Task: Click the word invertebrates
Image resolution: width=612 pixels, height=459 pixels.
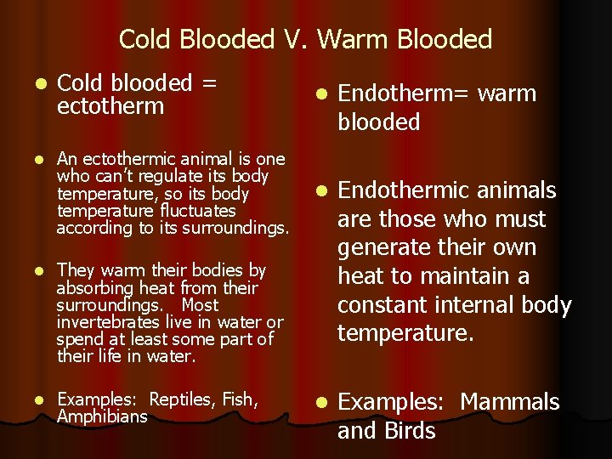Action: [105, 322]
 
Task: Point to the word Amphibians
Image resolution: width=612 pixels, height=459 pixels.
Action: [101, 416]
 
